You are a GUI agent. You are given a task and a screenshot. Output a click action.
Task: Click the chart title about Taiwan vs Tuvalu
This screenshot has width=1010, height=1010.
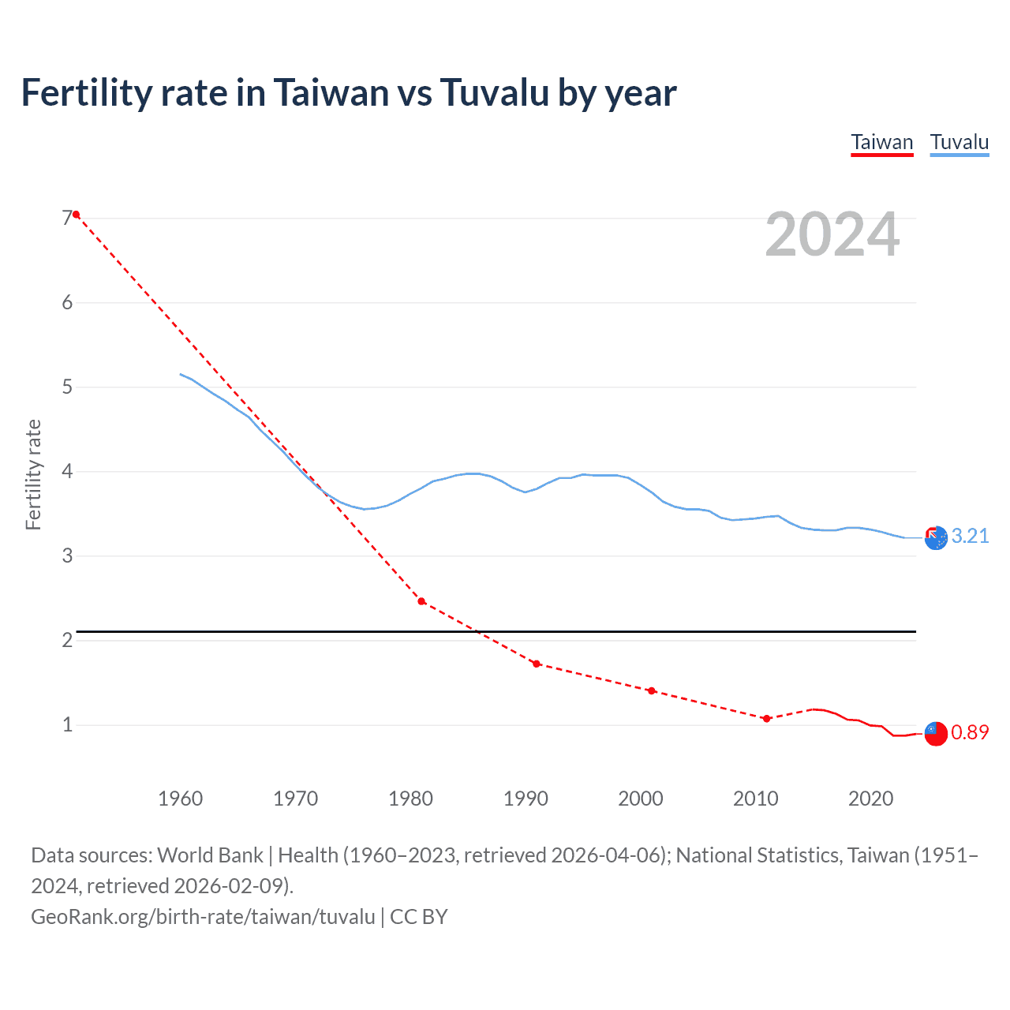[x=348, y=93]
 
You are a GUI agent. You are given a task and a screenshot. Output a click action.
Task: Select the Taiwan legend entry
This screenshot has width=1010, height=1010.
[x=881, y=142]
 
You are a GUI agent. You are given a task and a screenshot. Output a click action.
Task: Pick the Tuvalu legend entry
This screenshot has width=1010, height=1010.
[x=959, y=142]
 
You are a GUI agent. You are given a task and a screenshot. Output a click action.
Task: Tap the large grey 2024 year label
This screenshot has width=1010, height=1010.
[x=832, y=234]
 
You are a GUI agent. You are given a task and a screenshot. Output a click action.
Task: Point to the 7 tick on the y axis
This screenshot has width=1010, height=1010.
[x=67, y=218]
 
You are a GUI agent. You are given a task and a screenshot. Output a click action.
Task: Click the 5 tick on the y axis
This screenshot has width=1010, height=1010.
[x=67, y=387]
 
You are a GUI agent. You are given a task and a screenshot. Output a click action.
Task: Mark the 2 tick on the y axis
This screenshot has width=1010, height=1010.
[x=67, y=640]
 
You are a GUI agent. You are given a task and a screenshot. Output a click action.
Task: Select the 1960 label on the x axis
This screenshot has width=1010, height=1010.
[x=180, y=799]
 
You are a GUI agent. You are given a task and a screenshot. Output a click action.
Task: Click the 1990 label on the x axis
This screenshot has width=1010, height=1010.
[x=526, y=799]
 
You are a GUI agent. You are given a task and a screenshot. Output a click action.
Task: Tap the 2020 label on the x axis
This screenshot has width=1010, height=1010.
[x=870, y=799]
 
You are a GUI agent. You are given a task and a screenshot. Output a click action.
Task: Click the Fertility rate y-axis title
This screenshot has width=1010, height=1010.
[x=33, y=474]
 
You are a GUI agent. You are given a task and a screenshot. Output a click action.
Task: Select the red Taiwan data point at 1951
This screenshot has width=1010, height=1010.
[x=77, y=215]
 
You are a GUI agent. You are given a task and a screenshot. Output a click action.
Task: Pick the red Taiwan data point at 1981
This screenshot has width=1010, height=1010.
[x=421, y=601]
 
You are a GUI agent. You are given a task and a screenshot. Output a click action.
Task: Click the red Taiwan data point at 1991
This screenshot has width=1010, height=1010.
[x=537, y=664]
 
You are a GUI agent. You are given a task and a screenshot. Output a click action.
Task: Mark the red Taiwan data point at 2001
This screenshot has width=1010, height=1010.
[x=651, y=690]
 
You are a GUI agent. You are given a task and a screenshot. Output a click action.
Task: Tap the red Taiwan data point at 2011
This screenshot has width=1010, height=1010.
[x=766, y=718]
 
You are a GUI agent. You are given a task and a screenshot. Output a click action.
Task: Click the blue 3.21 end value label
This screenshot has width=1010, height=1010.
[x=970, y=536]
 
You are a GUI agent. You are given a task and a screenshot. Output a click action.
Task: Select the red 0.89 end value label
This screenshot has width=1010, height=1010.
[x=970, y=732]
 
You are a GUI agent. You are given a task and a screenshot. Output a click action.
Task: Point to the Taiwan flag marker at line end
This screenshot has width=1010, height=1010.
[x=935, y=733]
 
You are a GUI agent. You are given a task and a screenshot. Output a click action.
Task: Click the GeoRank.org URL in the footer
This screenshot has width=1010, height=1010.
[x=203, y=916]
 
